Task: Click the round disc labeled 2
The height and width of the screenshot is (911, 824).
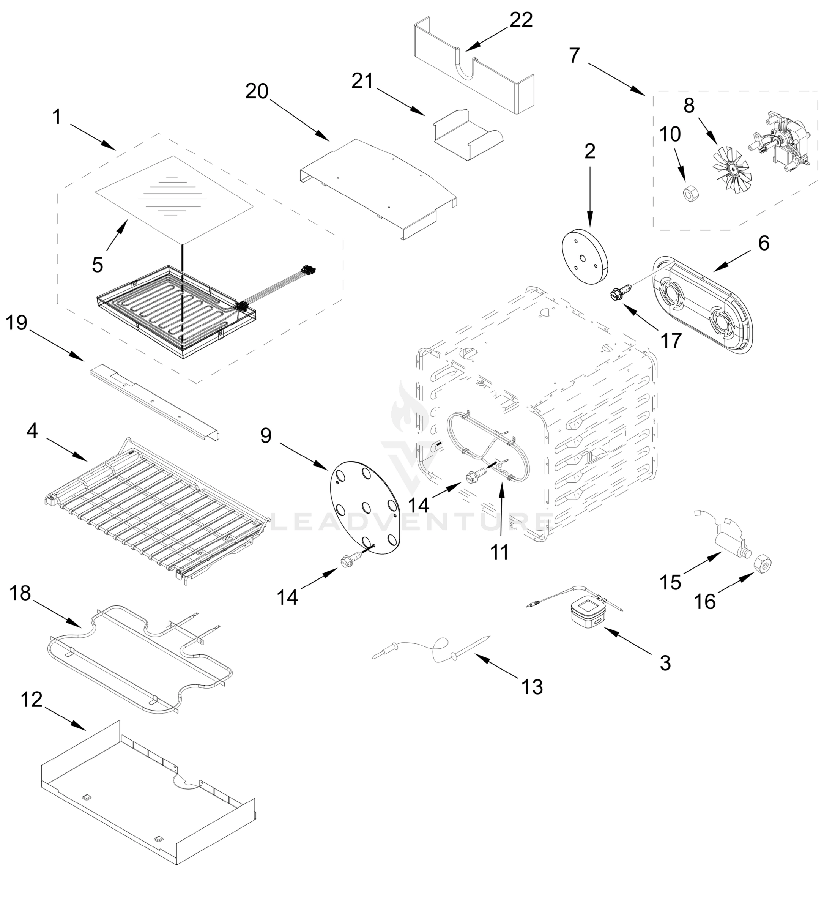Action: (x=585, y=256)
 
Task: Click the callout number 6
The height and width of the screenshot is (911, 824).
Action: (x=764, y=243)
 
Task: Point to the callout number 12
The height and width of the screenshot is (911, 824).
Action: (x=32, y=700)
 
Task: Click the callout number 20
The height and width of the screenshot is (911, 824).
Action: (x=257, y=92)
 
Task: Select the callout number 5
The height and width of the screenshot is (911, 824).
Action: (x=97, y=265)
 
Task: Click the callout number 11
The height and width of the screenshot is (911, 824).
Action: (x=499, y=552)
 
